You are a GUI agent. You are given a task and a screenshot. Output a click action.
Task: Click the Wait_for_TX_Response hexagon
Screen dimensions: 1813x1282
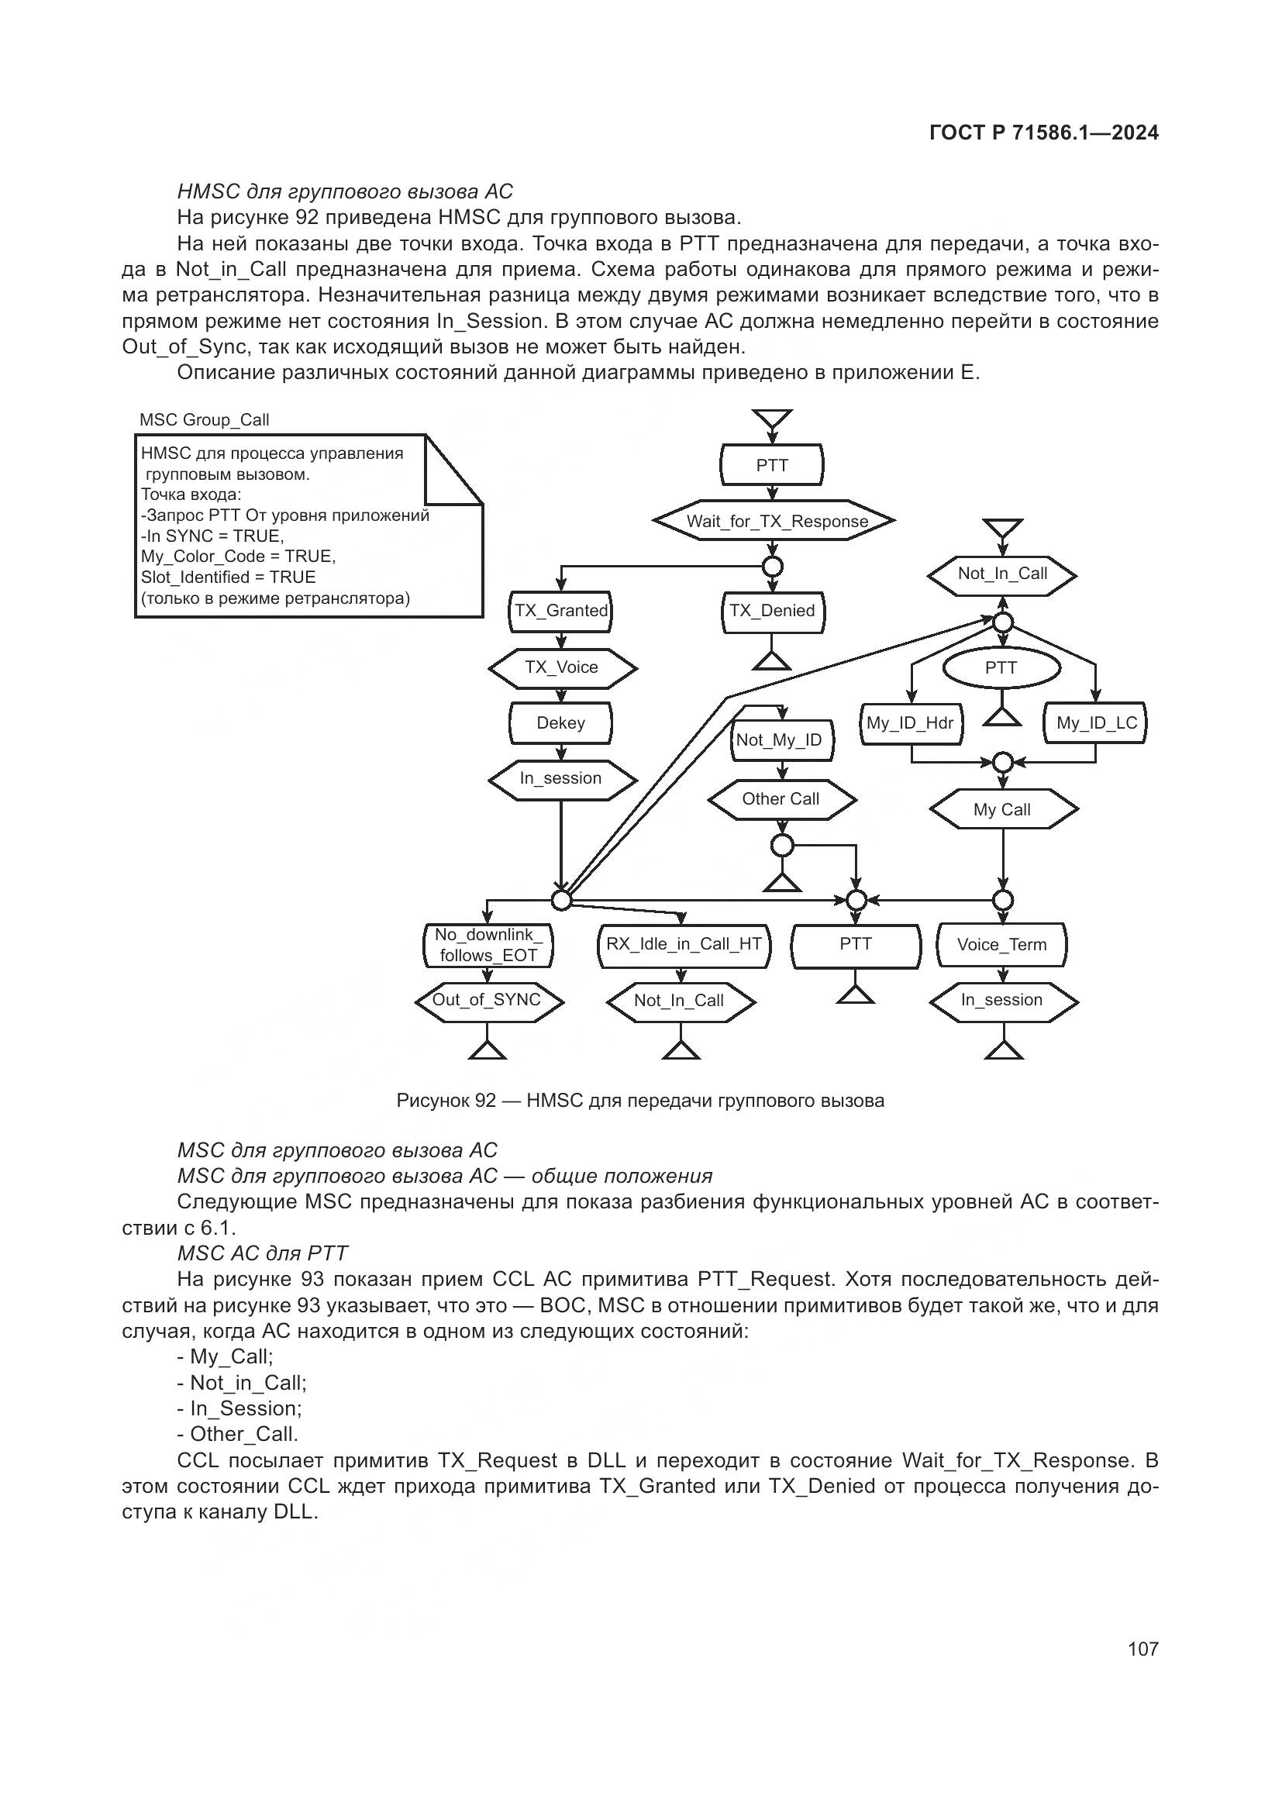click(774, 521)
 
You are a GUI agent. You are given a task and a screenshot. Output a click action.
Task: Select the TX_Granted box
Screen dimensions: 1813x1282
click(560, 611)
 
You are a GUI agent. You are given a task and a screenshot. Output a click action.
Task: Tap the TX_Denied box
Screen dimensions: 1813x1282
click(772, 611)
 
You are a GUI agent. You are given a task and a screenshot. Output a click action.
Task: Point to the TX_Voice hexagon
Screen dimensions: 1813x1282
click(561, 668)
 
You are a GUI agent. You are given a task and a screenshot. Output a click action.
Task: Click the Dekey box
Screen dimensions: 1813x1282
click(560, 723)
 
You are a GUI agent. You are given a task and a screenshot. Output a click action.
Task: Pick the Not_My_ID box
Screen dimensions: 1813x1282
click(780, 741)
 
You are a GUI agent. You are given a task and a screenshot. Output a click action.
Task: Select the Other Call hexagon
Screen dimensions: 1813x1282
click(781, 799)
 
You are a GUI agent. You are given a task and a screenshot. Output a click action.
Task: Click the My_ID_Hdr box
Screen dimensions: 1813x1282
click(910, 723)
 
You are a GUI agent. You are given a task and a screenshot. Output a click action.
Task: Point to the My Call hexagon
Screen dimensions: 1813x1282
click(1002, 810)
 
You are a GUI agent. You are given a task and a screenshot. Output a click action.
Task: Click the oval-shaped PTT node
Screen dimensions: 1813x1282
click(1001, 668)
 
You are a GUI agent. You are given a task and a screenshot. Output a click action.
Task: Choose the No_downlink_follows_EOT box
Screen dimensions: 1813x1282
click(488, 945)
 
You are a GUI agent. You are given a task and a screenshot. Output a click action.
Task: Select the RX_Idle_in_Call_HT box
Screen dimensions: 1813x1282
click(684, 944)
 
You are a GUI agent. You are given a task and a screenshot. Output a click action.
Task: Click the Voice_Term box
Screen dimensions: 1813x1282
click(1001, 945)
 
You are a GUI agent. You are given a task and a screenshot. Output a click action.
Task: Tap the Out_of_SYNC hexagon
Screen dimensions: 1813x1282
click(487, 1001)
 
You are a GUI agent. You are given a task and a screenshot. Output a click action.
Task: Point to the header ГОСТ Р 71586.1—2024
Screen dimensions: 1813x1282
click(1043, 133)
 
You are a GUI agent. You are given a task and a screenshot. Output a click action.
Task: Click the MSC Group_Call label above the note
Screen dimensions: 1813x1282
click(205, 420)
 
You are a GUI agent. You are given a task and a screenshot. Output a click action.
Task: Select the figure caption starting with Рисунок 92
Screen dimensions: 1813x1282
click(640, 1101)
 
